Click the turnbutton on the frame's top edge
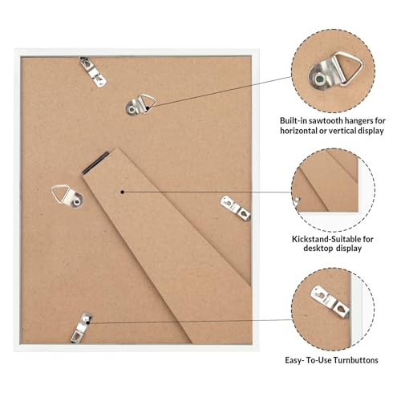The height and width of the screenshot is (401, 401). point(93,71)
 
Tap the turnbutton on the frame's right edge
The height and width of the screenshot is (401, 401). point(236,208)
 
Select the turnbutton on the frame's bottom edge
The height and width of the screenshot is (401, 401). point(81,327)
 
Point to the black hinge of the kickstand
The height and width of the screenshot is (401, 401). point(95,162)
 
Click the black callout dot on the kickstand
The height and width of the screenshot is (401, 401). point(122,192)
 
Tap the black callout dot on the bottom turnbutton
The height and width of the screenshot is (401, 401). point(88,323)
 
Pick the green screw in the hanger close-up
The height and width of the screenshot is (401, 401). point(319,79)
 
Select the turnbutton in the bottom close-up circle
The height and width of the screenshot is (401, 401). point(330,302)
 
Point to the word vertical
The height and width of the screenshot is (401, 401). point(342,131)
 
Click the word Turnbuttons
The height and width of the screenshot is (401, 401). point(356,360)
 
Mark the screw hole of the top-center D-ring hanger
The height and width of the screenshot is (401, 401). point(132,109)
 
